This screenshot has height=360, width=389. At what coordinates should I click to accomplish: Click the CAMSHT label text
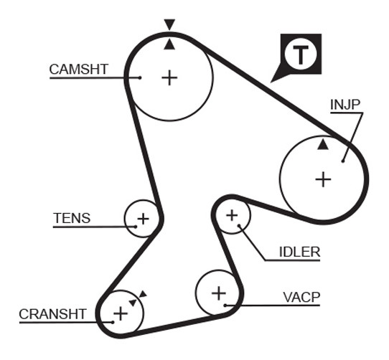point(79,69)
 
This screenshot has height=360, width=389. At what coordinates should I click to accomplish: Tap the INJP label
point(345,105)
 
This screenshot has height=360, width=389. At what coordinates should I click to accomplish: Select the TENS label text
point(72,218)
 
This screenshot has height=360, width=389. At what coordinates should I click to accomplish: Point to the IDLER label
point(300,252)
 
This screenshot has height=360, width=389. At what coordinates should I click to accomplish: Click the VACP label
point(301,297)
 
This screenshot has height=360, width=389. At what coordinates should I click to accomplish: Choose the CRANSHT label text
point(52,314)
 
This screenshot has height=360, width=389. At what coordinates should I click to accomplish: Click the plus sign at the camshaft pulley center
point(169,77)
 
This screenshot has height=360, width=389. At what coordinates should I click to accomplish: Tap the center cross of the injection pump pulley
point(323,179)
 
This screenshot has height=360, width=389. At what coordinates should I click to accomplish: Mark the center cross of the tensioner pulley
point(143,219)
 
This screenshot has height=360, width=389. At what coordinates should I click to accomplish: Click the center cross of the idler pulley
point(232,215)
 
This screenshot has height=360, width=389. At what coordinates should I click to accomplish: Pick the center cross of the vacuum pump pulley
point(219,293)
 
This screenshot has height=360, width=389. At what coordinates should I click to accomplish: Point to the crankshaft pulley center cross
point(121,313)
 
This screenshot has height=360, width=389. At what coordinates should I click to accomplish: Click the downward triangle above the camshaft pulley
point(169,24)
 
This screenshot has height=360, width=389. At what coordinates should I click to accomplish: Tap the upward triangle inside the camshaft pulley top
point(169,44)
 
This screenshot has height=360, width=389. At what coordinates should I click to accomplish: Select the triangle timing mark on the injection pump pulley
point(323,144)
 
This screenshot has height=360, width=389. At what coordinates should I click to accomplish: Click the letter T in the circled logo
point(301,55)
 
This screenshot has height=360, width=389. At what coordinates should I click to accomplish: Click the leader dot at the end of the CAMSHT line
point(140,78)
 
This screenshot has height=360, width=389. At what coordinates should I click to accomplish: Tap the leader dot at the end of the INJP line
point(343,161)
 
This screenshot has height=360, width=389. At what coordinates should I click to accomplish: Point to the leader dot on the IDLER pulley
point(239,226)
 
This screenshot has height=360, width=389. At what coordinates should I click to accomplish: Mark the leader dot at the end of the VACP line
point(225,305)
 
